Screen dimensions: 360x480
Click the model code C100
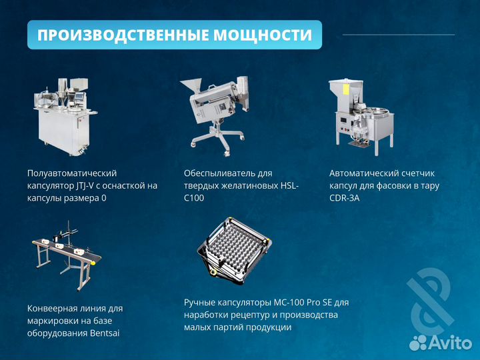(x=194, y=198)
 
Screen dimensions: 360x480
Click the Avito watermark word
(x=450, y=343)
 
